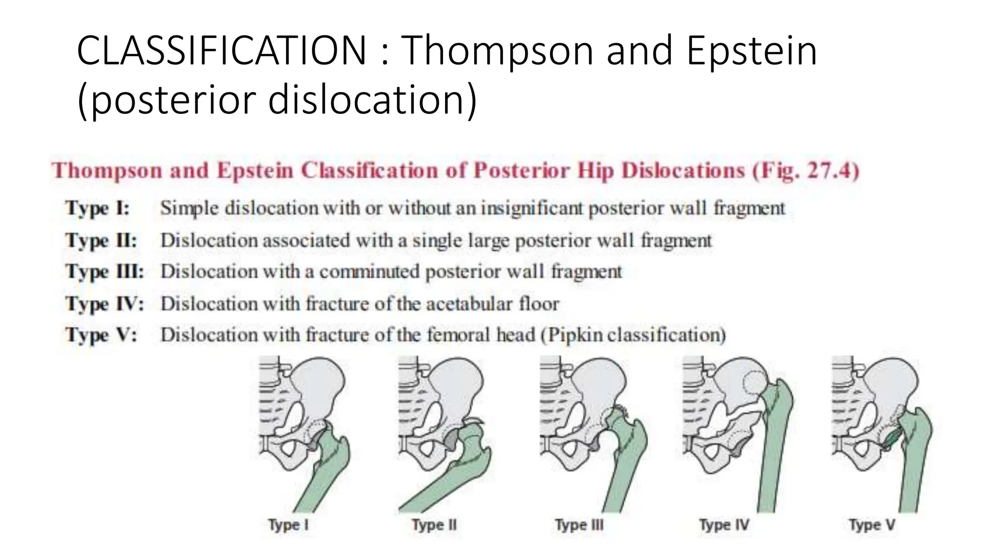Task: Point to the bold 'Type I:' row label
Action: click(x=98, y=209)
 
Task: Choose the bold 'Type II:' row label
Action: click(x=102, y=241)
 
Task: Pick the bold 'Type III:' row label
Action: click(x=105, y=272)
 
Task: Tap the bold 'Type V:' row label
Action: click(x=102, y=335)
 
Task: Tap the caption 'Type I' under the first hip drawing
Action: click(x=288, y=525)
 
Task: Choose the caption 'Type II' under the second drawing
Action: click(x=434, y=525)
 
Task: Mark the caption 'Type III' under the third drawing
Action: click(x=579, y=525)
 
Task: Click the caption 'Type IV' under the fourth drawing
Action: click(x=724, y=525)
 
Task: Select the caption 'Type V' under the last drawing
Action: click(x=872, y=525)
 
